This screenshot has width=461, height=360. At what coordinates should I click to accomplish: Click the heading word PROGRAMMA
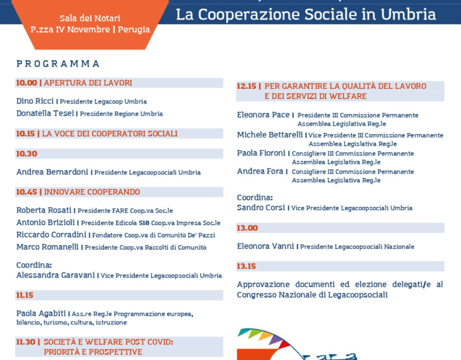(58, 64)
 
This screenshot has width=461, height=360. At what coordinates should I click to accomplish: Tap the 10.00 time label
(26, 83)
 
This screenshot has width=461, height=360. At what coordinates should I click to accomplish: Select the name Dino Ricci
(35, 101)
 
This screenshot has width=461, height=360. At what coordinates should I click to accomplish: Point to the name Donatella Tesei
(45, 114)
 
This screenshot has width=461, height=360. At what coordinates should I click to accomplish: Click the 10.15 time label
(25, 134)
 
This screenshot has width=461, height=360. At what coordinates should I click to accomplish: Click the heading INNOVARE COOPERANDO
(92, 192)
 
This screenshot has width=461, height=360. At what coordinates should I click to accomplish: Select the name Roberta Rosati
(44, 210)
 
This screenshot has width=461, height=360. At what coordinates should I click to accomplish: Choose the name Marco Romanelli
(48, 247)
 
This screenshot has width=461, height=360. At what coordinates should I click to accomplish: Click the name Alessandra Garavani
(56, 276)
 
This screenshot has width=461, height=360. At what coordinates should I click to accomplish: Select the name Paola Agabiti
(41, 313)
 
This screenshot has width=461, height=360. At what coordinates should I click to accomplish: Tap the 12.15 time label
(247, 86)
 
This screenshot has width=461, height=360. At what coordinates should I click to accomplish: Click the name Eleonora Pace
(264, 115)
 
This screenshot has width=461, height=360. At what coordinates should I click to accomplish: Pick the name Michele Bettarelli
(270, 135)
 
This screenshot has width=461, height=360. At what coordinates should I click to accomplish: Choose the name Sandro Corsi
(261, 208)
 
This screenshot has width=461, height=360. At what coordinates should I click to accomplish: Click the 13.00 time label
(247, 228)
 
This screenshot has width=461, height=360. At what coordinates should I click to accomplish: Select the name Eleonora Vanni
(265, 246)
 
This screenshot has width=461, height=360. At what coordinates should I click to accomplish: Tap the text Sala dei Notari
(90, 18)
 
